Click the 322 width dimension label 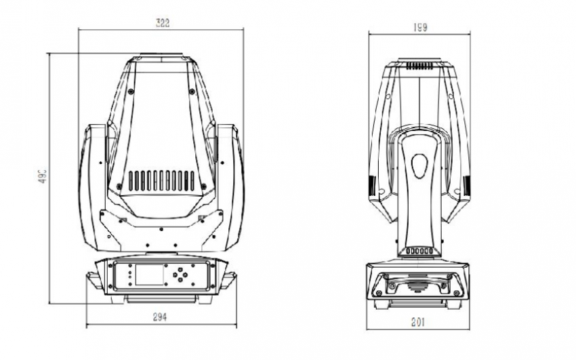(161, 22)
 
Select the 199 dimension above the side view (419, 27)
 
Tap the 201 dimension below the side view (418, 322)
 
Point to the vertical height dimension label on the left (42, 178)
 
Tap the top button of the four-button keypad (180, 268)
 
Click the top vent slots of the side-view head (419, 67)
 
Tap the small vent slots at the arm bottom (419, 251)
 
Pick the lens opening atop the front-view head (161, 57)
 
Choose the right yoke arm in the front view (230, 186)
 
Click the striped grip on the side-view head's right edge (466, 186)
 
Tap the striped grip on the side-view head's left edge (371, 186)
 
